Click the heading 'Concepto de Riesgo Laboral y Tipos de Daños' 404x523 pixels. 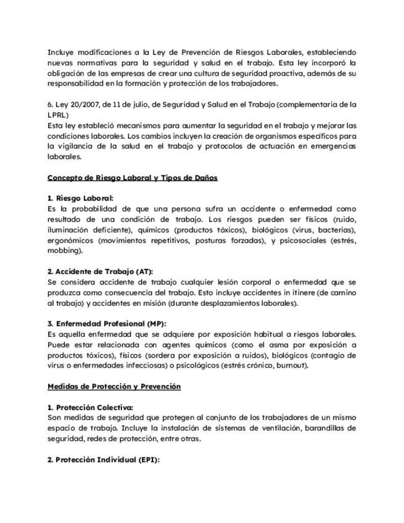132,178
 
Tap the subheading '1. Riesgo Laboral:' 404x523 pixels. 81,199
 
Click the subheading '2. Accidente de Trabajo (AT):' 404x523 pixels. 101,272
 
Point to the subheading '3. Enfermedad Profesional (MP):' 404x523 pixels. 107,324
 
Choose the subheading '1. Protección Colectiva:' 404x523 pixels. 90,407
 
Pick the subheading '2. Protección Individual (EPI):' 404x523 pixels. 104,459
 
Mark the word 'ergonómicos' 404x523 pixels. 70,241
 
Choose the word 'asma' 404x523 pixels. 269,345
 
